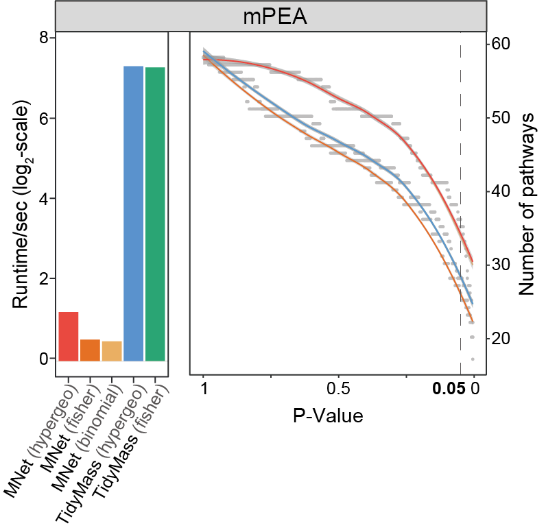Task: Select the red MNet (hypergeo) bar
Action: coord(69,336)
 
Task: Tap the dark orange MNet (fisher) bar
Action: coord(90,350)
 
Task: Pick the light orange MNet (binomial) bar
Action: coord(112,350)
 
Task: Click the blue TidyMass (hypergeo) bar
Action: coord(133,213)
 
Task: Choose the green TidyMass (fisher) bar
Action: coord(155,214)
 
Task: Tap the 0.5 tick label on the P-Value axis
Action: coord(339,389)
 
